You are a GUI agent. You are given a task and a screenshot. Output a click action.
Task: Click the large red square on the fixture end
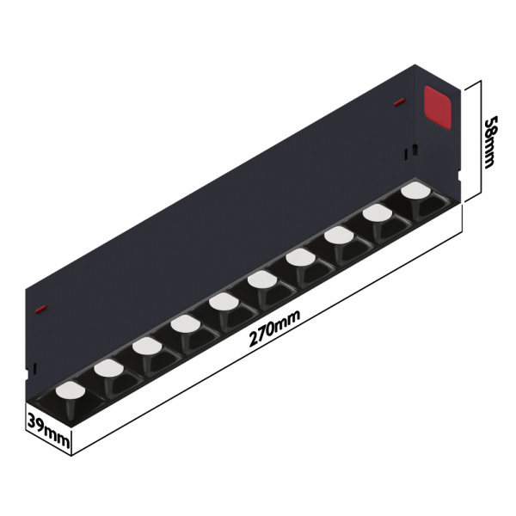click(439, 108)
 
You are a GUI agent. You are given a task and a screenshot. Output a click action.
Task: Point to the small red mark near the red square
click(399, 102)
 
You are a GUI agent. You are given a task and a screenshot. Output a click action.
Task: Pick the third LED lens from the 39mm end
click(145, 347)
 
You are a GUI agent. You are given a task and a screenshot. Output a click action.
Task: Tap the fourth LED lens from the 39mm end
click(184, 324)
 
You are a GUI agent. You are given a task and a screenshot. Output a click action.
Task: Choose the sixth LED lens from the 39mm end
click(261, 279)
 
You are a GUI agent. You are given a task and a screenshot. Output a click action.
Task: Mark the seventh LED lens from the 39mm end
click(299, 257)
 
